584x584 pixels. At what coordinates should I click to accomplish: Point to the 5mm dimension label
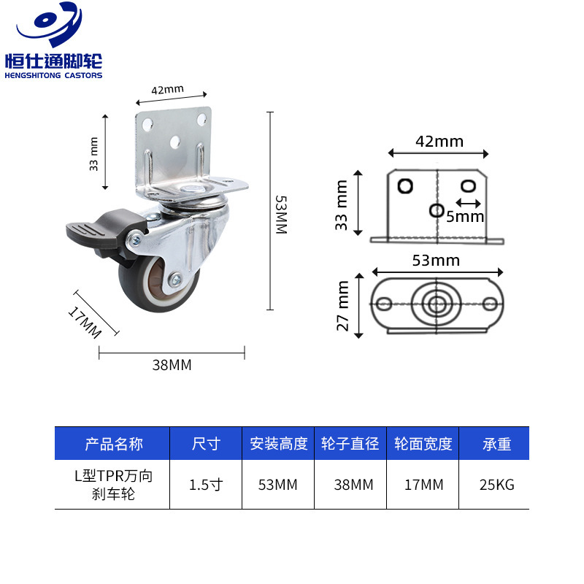coord(466,216)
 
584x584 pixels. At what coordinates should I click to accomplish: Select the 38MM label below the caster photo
coord(172,365)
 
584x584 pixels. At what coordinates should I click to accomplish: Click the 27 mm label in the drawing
coord(343,306)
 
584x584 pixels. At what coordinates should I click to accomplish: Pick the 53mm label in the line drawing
coord(437,261)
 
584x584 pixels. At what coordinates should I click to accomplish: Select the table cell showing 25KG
coord(496,484)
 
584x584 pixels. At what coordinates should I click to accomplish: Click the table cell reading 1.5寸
coord(206,484)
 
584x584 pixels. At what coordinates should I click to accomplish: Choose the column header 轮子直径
coord(350,444)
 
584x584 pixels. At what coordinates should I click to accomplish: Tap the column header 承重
coord(496,444)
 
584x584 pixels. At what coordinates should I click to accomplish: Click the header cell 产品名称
coord(114,444)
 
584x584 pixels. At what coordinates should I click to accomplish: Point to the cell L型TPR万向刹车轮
coord(114,484)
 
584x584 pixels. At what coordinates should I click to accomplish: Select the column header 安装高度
coord(279,444)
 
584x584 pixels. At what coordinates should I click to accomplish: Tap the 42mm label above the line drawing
coord(439,142)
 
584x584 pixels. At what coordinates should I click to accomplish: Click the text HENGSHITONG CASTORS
coord(53,75)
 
